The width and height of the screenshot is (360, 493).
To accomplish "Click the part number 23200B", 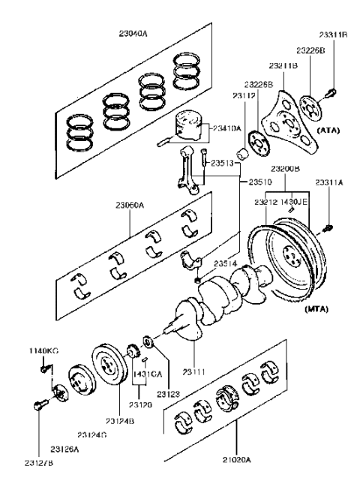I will click(x=286, y=169).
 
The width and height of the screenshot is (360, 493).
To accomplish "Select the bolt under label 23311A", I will click(x=326, y=227).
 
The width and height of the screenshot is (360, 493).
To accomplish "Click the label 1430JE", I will click(x=298, y=202).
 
